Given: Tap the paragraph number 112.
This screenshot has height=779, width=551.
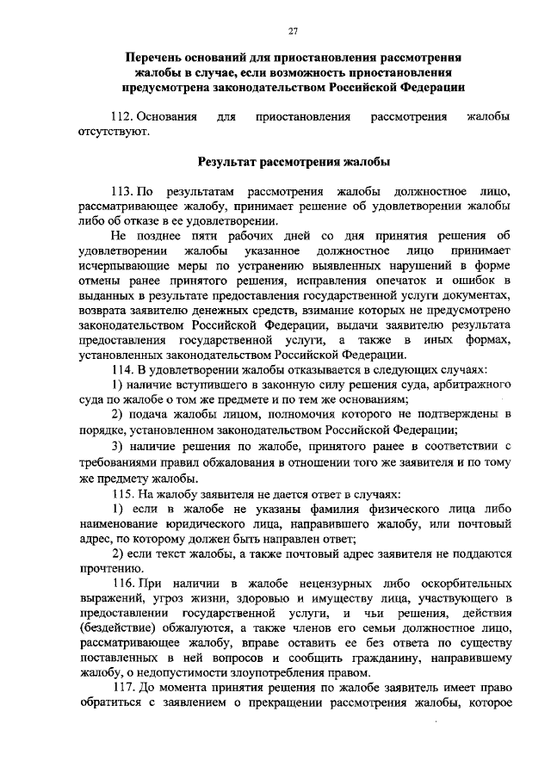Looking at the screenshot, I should (125, 115).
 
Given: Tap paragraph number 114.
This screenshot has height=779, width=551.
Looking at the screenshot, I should (125, 369).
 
